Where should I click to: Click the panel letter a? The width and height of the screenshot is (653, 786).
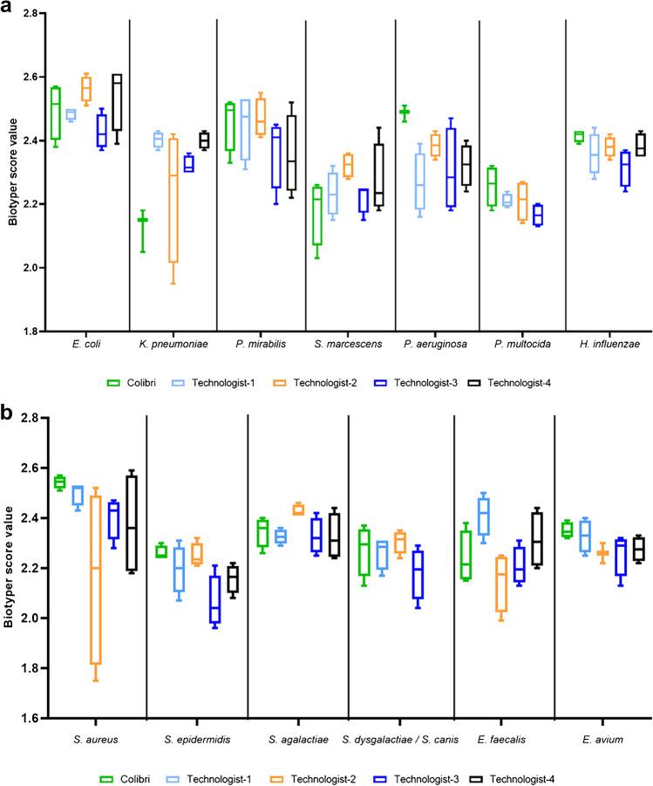(9, 10)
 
